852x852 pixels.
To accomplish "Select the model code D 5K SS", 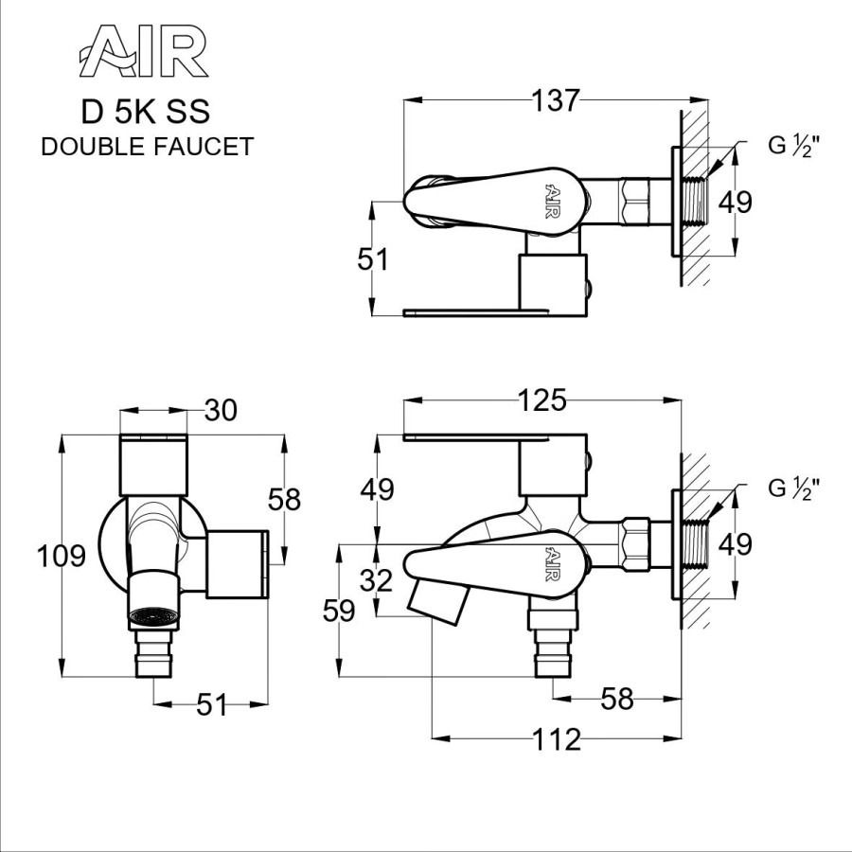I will (146, 112).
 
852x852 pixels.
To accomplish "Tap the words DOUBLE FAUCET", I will (147, 147).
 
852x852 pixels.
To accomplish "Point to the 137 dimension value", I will (555, 100).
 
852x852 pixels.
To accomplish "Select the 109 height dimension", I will (62, 556).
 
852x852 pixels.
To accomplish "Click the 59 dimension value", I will (338, 611).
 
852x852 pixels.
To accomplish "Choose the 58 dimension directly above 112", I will (616, 701).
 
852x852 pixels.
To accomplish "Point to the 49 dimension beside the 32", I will (377, 489).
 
